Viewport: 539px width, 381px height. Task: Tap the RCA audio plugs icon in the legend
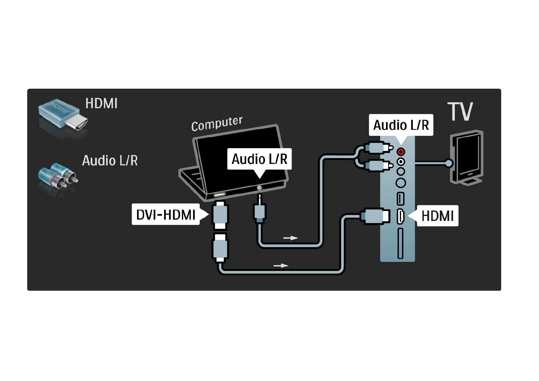pyautogui.click(x=58, y=176)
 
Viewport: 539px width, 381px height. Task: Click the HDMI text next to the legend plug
pyautogui.click(x=101, y=103)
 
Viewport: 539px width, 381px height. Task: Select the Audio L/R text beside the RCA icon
pyautogui.click(x=110, y=160)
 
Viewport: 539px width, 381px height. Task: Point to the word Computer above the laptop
pyautogui.click(x=217, y=124)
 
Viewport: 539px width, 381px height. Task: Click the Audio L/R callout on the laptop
pyautogui.click(x=259, y=159)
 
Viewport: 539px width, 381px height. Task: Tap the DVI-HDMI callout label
pyautogui.click(x=166, y=215)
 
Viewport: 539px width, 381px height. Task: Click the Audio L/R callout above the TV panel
pyautogui.click(x=401, y=125)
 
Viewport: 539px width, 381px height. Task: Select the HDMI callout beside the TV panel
pyautogui.click(x=437, y=216)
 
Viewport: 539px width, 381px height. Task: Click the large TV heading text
pyautogui.click(x=460, y=112)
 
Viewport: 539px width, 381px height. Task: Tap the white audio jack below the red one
pyautogui.click(x=401, y=162)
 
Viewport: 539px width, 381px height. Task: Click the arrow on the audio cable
pyautogui.click(x=291, y=238)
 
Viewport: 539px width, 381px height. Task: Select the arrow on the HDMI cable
pyautogui.click(x=281, y=265)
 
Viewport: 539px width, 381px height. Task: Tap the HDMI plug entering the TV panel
pyautogui.click(x=375, y=216)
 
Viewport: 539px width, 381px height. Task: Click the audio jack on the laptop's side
pyautogui.click(x=259, y=188)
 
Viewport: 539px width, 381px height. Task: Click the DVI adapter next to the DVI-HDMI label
pyautogui.click(x=220, y=215)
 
